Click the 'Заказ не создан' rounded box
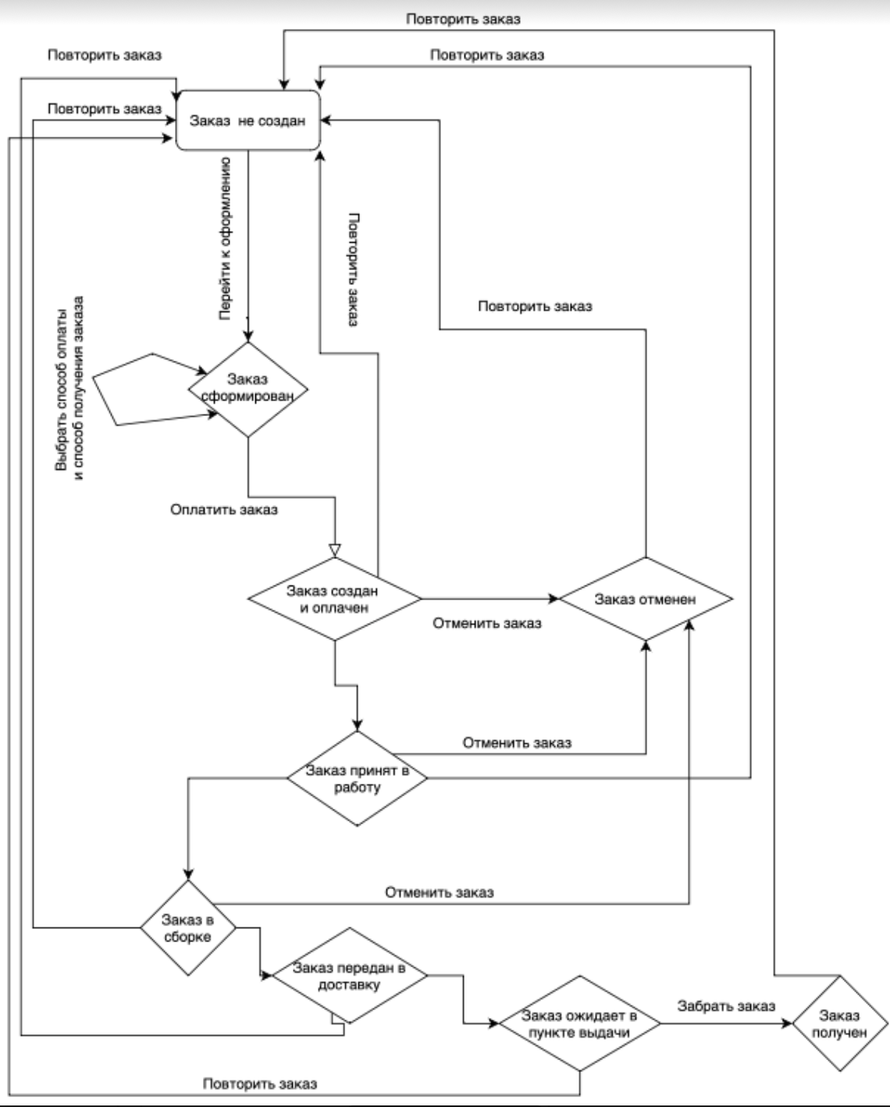248,121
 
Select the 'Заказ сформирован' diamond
248,389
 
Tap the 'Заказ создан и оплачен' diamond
334,600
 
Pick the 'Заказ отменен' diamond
645,600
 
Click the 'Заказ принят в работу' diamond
357,778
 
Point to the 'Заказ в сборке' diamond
187,927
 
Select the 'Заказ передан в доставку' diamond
349,976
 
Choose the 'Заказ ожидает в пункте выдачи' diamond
578,1023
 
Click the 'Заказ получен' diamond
840,1023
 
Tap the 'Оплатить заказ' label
224,510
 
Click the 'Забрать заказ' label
726,1006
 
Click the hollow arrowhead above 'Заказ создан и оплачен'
334,550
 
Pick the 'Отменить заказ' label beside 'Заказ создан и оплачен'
487,623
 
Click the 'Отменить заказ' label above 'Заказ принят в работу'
517,742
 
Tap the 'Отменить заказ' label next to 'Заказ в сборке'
439,892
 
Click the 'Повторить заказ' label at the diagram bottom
260,1084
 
